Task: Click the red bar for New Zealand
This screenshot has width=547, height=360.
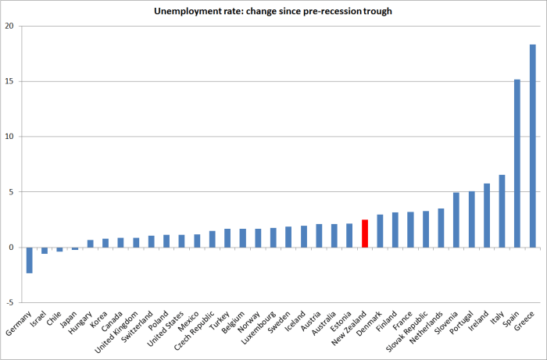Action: tap(365, 233)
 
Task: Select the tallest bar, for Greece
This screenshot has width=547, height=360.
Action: tap(532, 146)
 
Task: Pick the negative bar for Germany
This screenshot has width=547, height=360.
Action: tap(30, 260)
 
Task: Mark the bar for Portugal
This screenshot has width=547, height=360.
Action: tap(471, 219)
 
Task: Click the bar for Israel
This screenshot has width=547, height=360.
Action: tap(45, 251)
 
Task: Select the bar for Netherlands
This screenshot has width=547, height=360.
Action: tap(441, 228)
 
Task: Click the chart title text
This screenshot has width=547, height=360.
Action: tap(273, 9)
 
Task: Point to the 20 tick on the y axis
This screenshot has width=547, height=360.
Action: tap(10, 26)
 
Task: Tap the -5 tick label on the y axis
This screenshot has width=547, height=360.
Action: tap(9, 303)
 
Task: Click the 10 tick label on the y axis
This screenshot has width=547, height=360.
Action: tap(10, 137)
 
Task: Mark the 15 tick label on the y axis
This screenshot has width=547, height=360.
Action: tap(10, 81)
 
